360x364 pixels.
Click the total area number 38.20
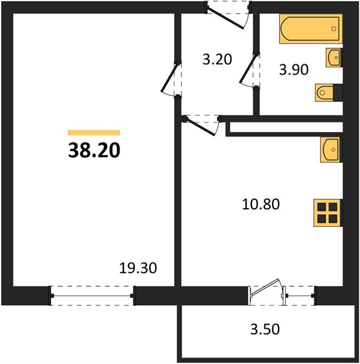tap(94, 150)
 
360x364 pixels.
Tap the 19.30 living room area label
tap(138, 268)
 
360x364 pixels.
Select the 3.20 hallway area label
tap(217, 59)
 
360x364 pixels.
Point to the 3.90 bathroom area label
tap(294, 69)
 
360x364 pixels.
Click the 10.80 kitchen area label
tap(261, 204)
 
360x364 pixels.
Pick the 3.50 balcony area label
tap(265, 329)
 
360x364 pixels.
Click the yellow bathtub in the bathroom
tap(311, 29)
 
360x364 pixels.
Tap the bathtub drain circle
tap(334, 29)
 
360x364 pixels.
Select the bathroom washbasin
tap(334, 58)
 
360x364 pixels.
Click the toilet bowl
tap(324, 93)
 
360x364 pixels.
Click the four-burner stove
tap(327, 213)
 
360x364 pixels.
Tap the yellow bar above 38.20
tap(94, 132)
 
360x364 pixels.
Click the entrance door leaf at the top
tap(225, 19)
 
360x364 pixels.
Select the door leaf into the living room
tap(170, 78)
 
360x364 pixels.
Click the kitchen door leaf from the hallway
tap(200, 127)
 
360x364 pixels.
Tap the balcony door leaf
tap(264, 287)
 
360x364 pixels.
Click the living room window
tap(92, 296)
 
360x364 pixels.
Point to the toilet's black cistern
tap(338, 93)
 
